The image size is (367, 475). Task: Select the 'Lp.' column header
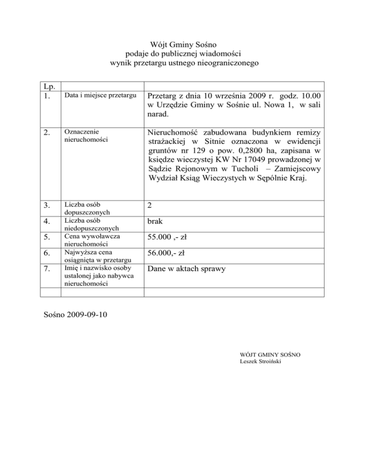(48, 86)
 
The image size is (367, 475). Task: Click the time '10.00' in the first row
(311, 97)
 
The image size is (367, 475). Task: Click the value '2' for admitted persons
(150, 205)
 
